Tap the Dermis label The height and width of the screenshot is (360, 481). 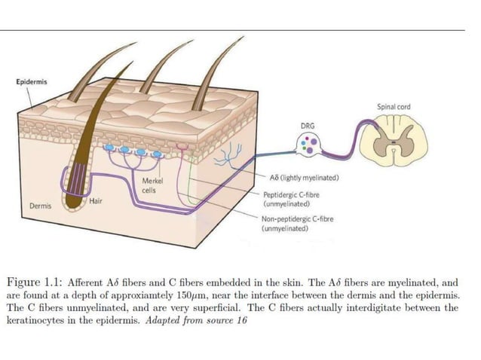(x=40, y=205)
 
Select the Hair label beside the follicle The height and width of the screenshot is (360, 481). (x=96, y=201)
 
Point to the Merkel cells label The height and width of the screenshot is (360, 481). (x=152, y=186)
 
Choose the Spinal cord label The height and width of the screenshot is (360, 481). (x=394, y=108)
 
